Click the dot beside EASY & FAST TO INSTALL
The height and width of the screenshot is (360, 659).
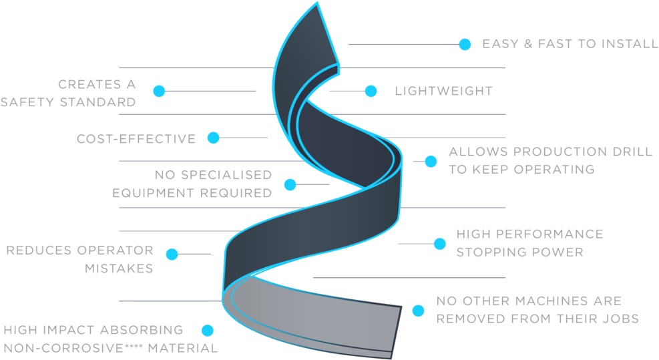465,44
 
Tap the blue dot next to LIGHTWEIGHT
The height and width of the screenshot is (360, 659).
371,91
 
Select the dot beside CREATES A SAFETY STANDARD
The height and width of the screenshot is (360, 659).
159,91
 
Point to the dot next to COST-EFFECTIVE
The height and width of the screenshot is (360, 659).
213,138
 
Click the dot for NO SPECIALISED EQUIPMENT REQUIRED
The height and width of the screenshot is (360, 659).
290,184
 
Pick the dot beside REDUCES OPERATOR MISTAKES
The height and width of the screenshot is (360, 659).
172,254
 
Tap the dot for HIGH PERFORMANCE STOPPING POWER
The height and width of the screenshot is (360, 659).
439,244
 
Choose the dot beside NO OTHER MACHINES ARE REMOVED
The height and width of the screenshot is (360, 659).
418,311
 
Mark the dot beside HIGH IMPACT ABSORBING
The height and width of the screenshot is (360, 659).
208,330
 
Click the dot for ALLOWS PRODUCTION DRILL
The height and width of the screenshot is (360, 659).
431,161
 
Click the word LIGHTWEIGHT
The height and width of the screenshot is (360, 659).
443,91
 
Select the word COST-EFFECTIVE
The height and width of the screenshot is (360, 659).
136,139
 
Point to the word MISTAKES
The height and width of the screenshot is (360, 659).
119,268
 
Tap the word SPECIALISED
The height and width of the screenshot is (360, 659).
227,176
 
